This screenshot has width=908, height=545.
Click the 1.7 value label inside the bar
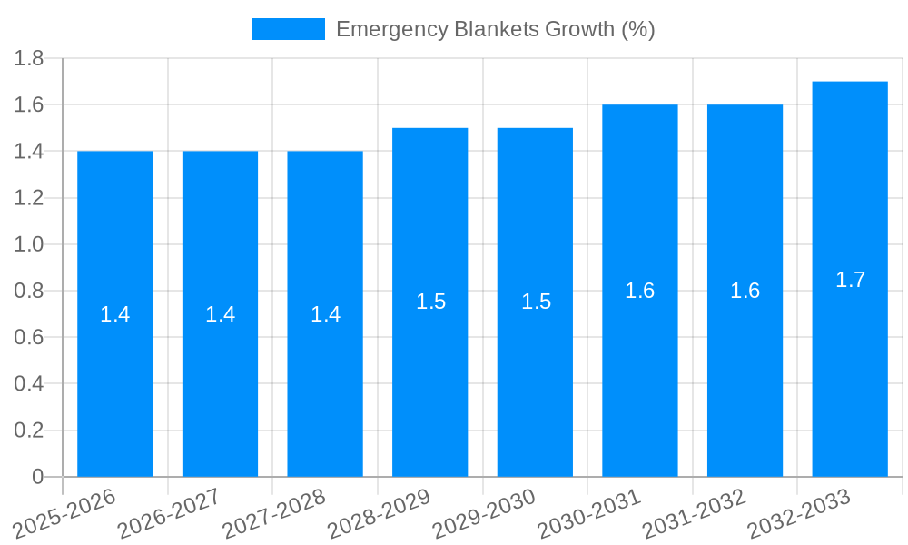(850, 280)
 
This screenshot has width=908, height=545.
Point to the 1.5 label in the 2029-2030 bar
(536, 302)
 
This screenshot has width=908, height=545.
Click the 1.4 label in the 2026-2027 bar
(221, 314)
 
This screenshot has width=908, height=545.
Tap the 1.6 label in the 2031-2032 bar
(745, 291)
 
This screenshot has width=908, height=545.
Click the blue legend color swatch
(288, 29)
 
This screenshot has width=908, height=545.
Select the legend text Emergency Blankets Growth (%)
(495, 29)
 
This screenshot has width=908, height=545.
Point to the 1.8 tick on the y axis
(29, 59)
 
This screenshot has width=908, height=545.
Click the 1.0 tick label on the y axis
(29, 244)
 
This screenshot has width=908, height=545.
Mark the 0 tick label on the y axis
(37, 477)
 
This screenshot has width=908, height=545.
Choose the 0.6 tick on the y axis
(29, 338)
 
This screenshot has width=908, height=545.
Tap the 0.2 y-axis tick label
(29, 431)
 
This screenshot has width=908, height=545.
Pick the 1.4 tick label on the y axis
(29, 152)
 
